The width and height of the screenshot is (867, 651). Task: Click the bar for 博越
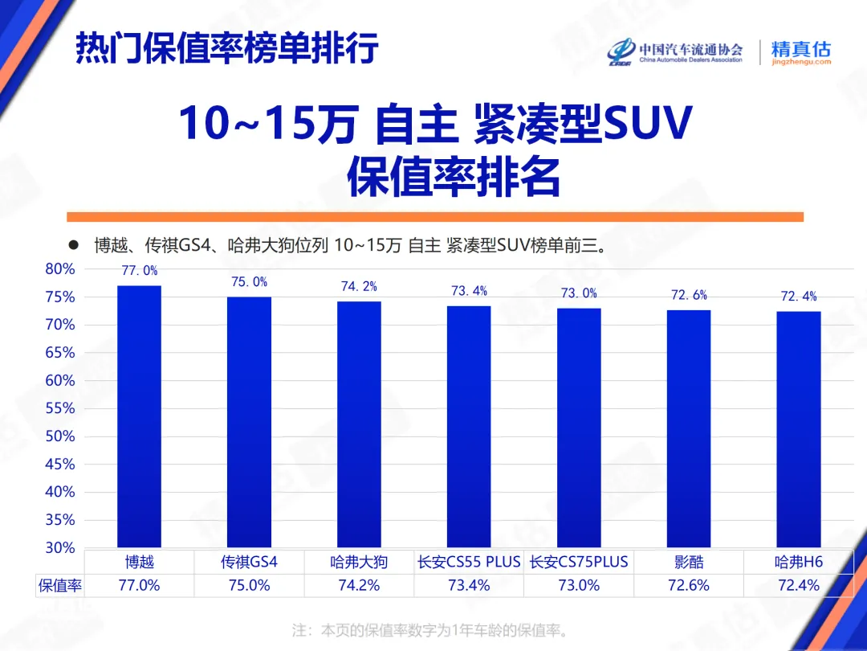point(139,416)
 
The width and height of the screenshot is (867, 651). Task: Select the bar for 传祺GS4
point(249,422)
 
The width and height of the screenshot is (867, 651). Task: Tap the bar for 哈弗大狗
point(359,424)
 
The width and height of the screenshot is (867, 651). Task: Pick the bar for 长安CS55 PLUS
point(469,427)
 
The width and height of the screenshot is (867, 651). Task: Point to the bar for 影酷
point(688,428)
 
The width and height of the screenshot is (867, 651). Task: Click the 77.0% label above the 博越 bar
point(140,271)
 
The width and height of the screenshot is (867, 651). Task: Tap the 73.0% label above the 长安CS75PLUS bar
point(579,293)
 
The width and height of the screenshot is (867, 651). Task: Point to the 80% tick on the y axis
point(60,269)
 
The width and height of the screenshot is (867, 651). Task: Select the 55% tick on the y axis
point(60,409)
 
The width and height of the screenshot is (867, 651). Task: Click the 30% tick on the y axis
point(60,548)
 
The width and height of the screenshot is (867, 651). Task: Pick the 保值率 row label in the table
point(60,586)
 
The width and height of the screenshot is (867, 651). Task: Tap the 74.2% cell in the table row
point(359,586)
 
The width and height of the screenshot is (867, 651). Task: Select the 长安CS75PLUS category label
point(579,562)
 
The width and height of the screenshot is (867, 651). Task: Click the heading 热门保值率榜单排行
point(227,49)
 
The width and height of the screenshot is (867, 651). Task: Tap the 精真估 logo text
point(800,48)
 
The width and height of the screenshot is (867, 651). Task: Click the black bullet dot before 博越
point(73,244)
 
